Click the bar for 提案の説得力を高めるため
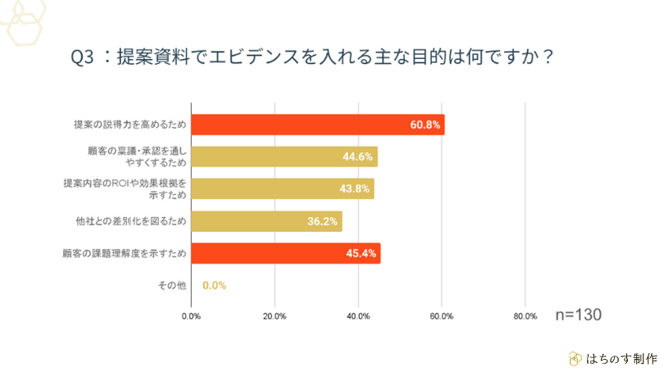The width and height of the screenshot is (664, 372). click(x=317, y=125)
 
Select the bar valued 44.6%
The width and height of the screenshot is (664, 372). click(x=284, y=157)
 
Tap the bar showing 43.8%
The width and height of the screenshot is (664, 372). click(x=282, y=188)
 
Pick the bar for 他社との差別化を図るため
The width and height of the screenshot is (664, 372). click(x=266, y=221)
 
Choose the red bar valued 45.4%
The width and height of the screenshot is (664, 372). click(x=285, y=253)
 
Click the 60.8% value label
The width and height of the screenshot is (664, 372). click(x=425, y=125)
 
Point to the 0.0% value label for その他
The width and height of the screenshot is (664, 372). click(x=214, y=285)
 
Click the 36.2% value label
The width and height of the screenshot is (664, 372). click(x=323, y=221)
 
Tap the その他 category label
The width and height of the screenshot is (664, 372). click(x=172, y=285)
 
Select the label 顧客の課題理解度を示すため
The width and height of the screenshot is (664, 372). click(x=125, y=253)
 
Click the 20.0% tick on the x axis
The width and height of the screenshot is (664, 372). click(x=275, y=316)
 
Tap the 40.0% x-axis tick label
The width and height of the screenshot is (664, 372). click(x=358, y=316)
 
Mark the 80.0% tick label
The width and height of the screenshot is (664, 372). click(x=525, y=316)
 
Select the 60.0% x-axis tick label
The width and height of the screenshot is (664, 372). click(x=442, y=316)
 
